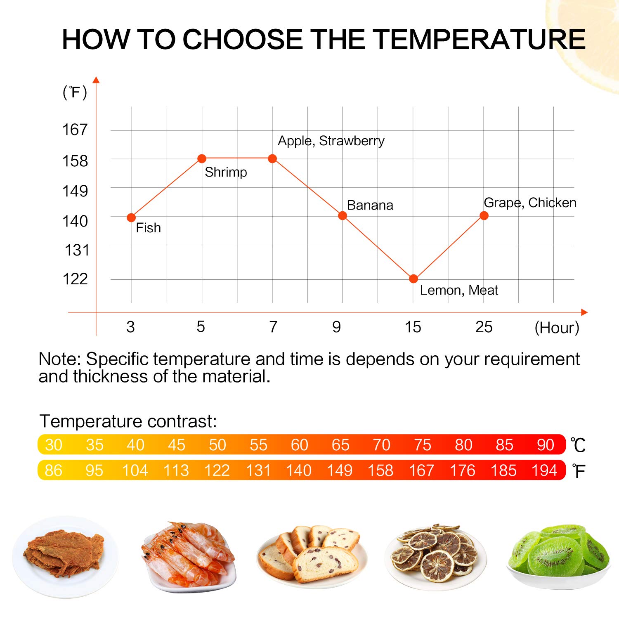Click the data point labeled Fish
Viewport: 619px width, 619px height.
131,217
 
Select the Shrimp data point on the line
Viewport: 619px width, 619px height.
202,158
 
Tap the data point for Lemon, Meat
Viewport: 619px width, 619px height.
413,279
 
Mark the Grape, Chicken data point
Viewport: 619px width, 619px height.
484,215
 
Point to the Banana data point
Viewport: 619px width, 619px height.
343,215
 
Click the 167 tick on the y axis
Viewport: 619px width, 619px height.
75,130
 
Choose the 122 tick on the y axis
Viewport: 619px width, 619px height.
75,279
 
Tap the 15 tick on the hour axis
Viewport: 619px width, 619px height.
413,327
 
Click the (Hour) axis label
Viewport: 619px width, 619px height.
557,328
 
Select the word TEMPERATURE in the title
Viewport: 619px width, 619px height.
480,40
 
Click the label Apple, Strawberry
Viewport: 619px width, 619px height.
331,141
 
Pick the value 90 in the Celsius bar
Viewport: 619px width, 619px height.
545,445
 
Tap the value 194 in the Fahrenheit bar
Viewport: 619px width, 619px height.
544,470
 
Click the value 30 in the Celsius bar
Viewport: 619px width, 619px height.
54,445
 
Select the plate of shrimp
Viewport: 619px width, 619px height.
188,555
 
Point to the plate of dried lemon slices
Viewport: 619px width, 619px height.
435,555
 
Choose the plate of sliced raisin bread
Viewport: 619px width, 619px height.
312,555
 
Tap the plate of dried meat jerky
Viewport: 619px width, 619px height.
65,555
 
